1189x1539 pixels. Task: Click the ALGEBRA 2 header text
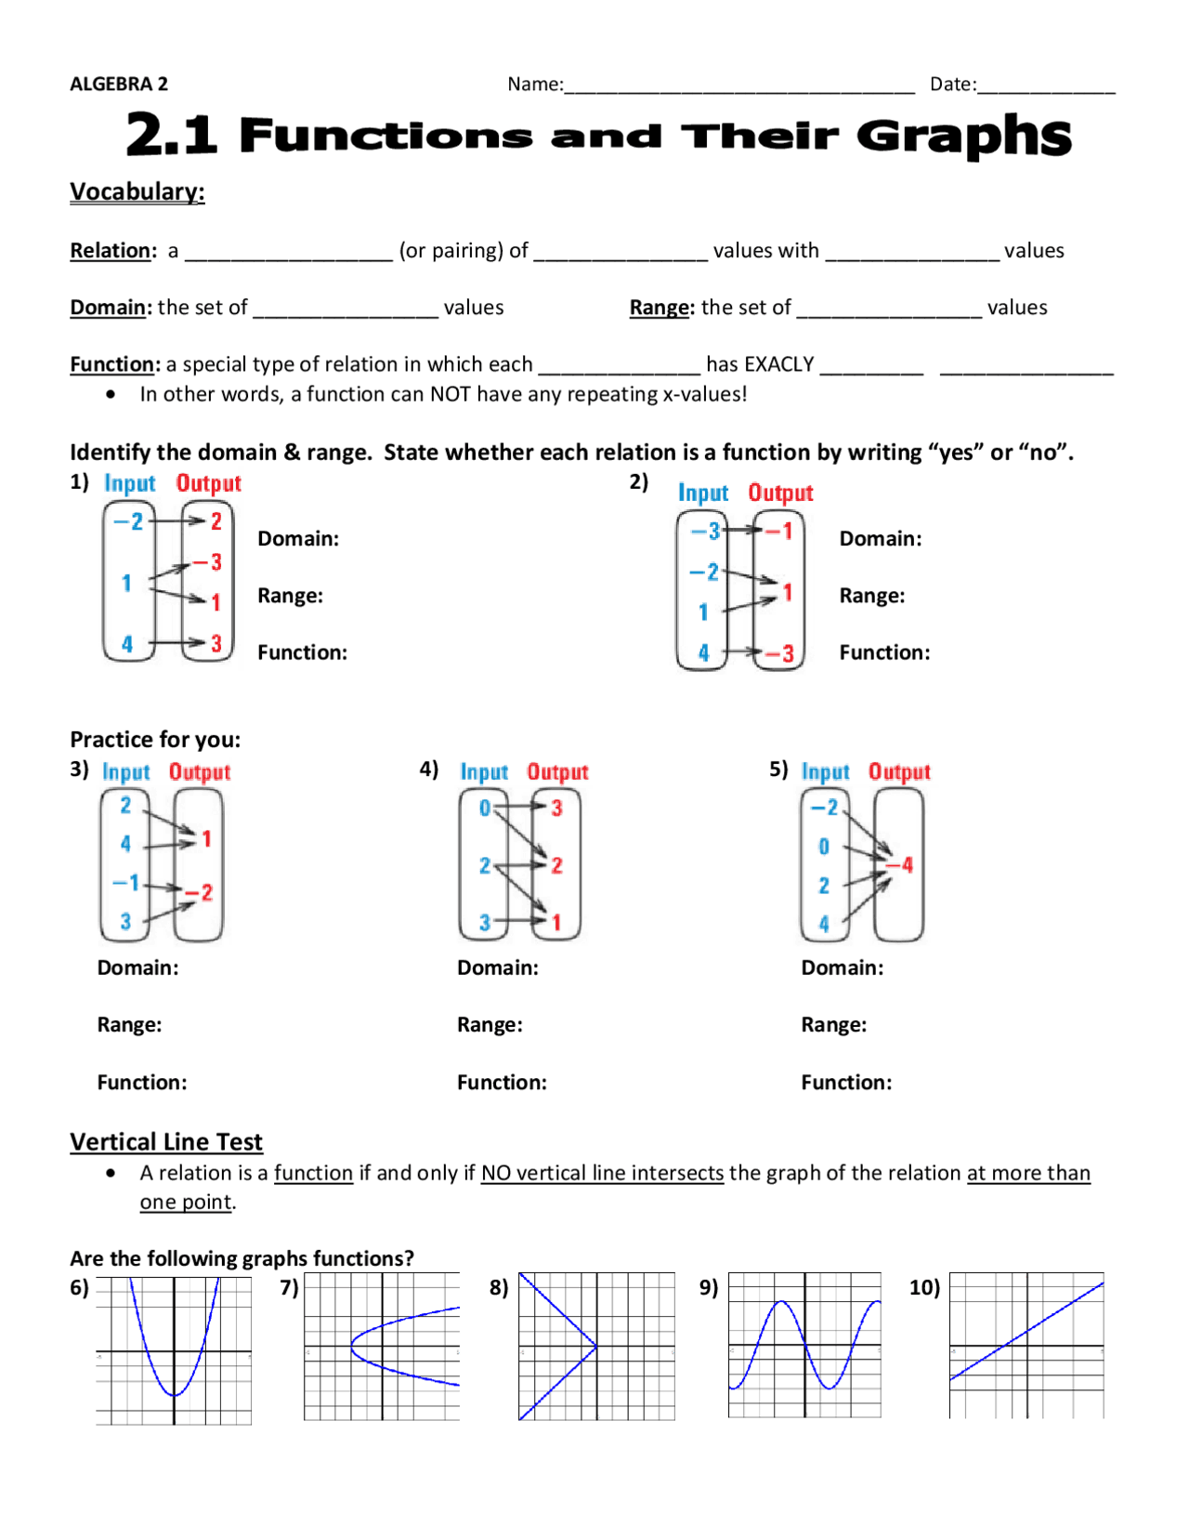pos(119,84)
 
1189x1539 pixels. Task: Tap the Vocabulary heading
pos(137,191)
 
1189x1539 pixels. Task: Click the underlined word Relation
pos(111,251)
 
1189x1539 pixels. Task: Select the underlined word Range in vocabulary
pos(660,308)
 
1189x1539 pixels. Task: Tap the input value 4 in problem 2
pos(703,653)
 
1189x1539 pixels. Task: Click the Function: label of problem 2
pos(883,652)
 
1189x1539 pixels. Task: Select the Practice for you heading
pos(155,740)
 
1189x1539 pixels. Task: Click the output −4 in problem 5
pos(900,865)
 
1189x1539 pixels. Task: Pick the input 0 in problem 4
pos(484,809)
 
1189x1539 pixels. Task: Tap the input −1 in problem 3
pos(126,882)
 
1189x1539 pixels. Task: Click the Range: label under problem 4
pos(490,1025)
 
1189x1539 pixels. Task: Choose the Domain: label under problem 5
pos(842,968)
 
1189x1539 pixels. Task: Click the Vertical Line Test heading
pos(166,1142)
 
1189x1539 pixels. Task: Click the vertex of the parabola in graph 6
pos(174,1395)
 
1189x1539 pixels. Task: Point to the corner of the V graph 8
pos(595,1346)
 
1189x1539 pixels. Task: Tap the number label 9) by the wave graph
pos(709,1287)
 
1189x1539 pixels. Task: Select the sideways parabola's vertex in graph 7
pos(352,1346)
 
